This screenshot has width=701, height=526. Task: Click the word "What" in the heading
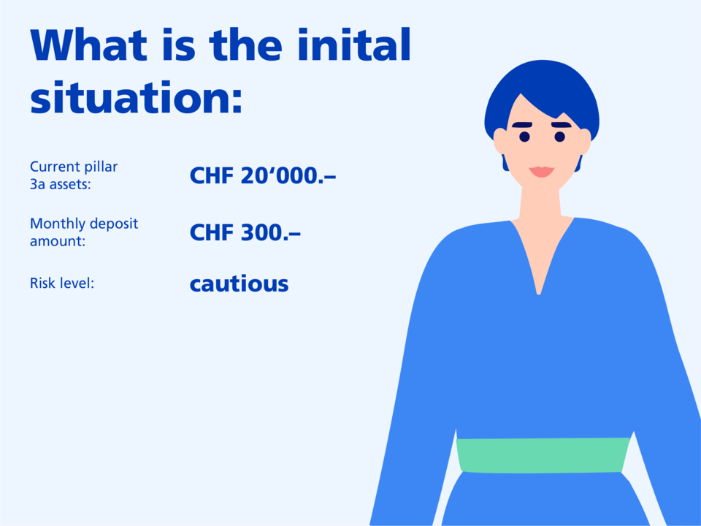(x=88, y=45)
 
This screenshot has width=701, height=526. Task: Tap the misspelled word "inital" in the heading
(x=353, y=45)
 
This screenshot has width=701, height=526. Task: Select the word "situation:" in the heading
(x=137, y=97)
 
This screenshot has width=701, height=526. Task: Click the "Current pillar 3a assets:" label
(x=74, y=175)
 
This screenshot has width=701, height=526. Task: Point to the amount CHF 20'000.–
(x=262, y=175)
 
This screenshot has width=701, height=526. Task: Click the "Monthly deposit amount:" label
(x=84, y=232)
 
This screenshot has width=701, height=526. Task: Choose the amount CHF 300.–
(x=245, y=232)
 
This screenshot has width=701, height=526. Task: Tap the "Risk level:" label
(x=62, y=283)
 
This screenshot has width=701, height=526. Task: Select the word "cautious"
(x=240, y=284)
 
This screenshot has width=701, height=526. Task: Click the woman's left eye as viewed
(x=524, y=137)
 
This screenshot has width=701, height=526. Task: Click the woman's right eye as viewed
(x=560, y=137)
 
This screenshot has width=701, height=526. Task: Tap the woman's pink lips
(x=541, y=172)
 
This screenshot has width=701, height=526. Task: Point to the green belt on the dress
(x=543, y=455)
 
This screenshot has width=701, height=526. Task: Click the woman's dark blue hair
(x=542, y=80)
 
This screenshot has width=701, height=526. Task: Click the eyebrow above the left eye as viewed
(x=521, y=125)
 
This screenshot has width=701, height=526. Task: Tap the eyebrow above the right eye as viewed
(x=562, y=125)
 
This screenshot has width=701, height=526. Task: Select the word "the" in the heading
(x=245, y=45)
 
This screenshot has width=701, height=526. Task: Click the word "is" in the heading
(x=179, y=45)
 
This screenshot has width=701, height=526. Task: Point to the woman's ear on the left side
(x=499, y=141)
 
